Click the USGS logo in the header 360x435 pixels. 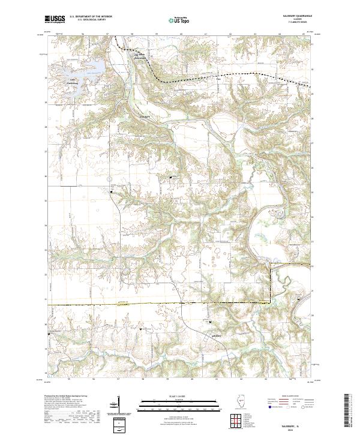coord(55,20)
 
